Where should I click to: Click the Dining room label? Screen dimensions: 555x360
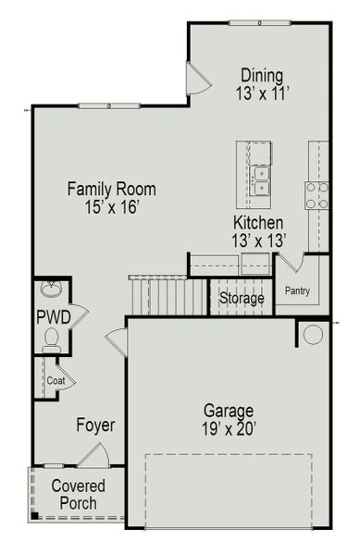click(x=262, y=75)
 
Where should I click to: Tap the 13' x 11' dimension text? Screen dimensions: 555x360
click(x=262, y=92)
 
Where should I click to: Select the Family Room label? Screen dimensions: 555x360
click(x=111, y=190)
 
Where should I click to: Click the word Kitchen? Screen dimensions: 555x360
click(x=258, y=223)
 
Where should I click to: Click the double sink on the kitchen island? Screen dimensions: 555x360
click(x=261, y=181)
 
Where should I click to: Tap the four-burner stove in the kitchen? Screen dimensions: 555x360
click(x=317, y=194)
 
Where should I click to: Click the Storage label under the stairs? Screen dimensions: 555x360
click(x=242, y=299)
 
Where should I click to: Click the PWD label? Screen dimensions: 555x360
click(x=49, y=317)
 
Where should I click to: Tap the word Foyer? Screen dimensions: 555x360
click(x=95, y=425)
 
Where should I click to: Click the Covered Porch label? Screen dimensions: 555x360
click(x=78, y=494)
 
